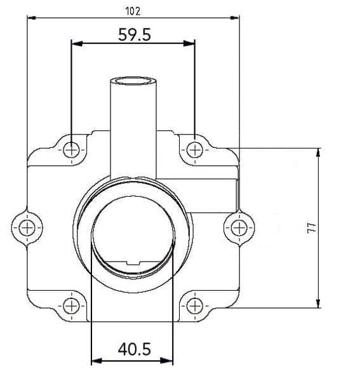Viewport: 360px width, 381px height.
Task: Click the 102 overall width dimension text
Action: (x=133, y=11)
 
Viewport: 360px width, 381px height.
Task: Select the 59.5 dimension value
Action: (x=134, y=35)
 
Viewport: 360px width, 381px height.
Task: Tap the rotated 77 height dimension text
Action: (x=311, y=228)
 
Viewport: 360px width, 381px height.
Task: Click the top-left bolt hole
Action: (x=72, y=150)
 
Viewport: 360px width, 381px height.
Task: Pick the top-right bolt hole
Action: (x=195, y=150)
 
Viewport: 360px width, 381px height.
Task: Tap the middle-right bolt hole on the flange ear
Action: (x=238, y=227)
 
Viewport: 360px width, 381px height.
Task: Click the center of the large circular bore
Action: (x=133, y=235)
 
